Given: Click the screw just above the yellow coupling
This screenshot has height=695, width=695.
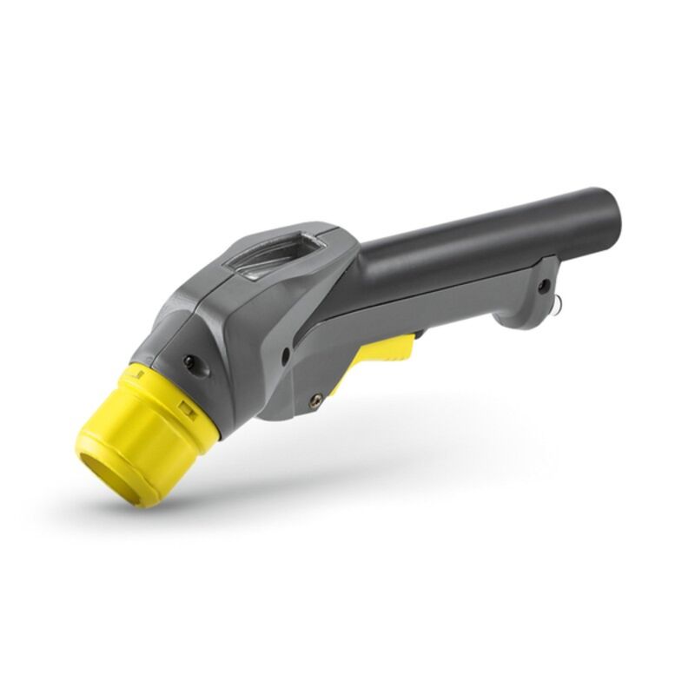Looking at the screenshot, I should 189,361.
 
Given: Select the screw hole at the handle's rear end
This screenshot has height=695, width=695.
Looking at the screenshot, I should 543,285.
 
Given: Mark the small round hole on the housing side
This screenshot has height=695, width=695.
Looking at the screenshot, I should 285,354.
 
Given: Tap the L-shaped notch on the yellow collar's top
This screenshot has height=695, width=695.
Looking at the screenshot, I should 136,374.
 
